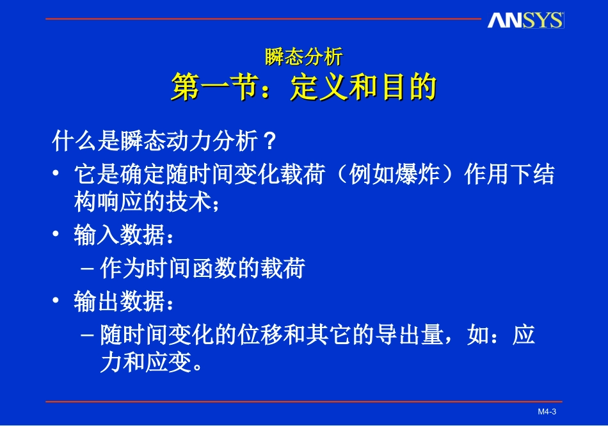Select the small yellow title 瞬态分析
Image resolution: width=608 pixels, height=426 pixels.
[304, 58]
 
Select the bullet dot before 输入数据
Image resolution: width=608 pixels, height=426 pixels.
[57, 236]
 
